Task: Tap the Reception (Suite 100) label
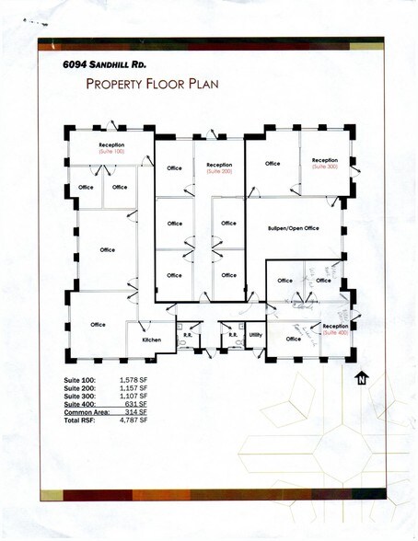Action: coord(111,146)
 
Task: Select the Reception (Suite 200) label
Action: coord(218,167)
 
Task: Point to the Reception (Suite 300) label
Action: coord(325,164)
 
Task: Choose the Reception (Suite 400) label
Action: coord(335,328)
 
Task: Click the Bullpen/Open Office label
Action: coord(293,227)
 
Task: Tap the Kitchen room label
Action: coord(151,340)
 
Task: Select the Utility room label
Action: coord(255,334)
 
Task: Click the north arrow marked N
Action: coord(362,377)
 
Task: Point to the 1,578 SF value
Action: coord(135,379)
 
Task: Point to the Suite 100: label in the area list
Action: coord(78,379)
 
